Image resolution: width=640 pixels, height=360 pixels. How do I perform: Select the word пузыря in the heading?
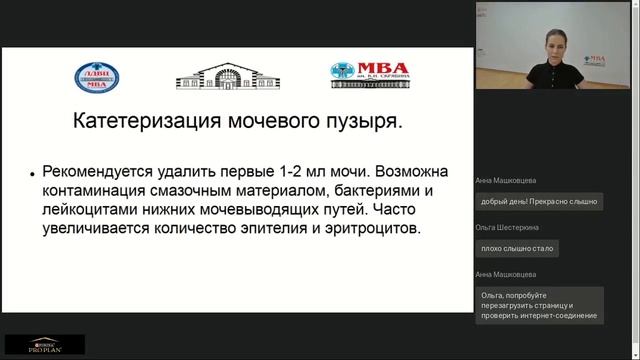[x=357, y=124]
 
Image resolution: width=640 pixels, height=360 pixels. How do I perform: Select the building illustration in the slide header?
[x=214, y=75]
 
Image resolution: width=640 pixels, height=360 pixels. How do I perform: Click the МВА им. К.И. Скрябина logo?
[x=369, y=75]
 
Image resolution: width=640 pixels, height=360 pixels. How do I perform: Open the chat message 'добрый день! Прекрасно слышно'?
[x=538, y=201]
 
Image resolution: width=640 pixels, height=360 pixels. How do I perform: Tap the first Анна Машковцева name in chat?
[x=507, y=181]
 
